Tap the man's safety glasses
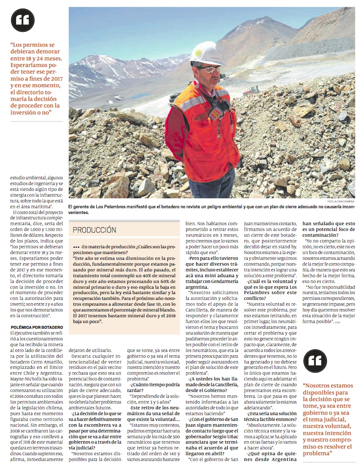[211, 69]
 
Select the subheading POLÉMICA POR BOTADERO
[36, 327]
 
